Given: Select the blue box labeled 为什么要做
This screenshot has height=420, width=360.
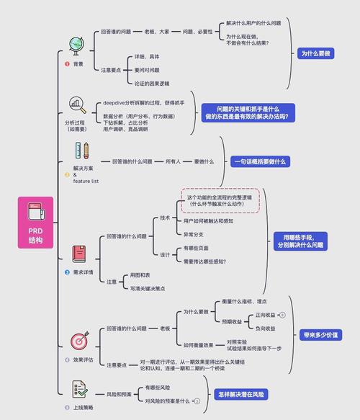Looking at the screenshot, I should click(x=315, y=53).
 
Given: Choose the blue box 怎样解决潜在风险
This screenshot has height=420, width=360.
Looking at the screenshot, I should click(x=240, y=394).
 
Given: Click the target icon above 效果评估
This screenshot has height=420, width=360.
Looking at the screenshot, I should click(x=78, y=339).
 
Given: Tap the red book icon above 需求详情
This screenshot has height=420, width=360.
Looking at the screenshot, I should click(x=79, y=253).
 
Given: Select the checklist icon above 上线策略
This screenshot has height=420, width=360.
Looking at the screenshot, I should click(x=80, y=390).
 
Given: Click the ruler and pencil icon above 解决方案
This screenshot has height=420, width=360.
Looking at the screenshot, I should click(x=81, y=151).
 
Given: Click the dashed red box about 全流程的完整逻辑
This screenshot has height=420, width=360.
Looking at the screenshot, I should click(x=219, y=200).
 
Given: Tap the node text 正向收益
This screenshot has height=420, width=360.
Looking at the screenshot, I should click(x=264, y=315).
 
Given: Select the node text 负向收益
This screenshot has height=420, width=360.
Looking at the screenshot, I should click(x=264, y=328).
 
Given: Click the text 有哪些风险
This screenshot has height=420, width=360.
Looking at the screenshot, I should click(x=158, y=388).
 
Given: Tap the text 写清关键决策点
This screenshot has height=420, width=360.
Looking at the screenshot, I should click(x=148, y=288).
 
